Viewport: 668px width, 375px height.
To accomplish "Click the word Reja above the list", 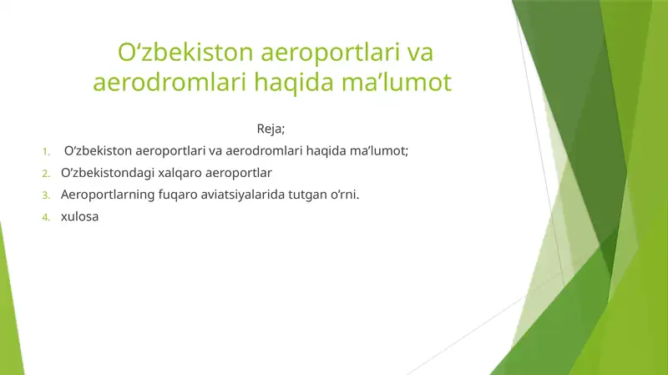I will pos(269,129).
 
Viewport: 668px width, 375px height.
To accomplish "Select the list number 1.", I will pos(47,151).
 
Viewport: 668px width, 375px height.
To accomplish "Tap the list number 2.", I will pos(47,174).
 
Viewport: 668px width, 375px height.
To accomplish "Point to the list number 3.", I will pos(47,196).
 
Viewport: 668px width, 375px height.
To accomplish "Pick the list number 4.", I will pos(47,219).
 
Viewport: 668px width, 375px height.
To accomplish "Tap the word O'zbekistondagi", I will pos(107,173).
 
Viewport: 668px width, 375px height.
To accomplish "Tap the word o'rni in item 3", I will pos(349,195).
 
